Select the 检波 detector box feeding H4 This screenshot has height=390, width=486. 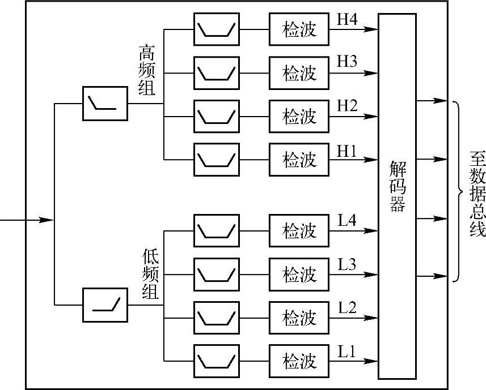tap(299, 29)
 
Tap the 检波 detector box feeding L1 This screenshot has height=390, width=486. tap(299, 361)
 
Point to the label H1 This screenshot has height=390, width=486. tap(347, 151)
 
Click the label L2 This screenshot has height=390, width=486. tap(347, 308)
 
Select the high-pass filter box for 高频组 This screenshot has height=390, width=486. tap(105, 103)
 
